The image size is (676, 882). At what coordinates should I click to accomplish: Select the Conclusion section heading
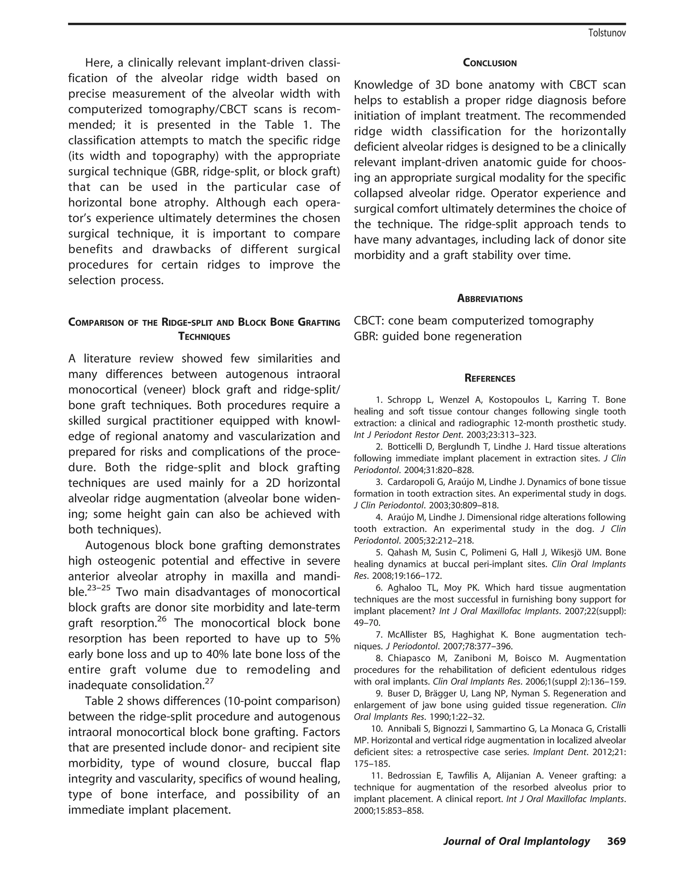pos(490,63)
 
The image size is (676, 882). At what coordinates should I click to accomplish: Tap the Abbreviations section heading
pos(490,299)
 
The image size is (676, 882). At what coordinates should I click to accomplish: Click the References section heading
pos(490,379)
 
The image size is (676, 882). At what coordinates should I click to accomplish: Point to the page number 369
pos(617,841)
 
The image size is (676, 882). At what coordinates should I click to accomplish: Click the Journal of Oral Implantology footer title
pos(516,841)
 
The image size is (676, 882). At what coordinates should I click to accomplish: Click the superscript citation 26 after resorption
pos(161,619)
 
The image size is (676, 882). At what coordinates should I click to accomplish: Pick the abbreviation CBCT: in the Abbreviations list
pos(369,321)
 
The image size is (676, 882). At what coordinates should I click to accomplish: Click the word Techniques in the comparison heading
pos(204,337)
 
